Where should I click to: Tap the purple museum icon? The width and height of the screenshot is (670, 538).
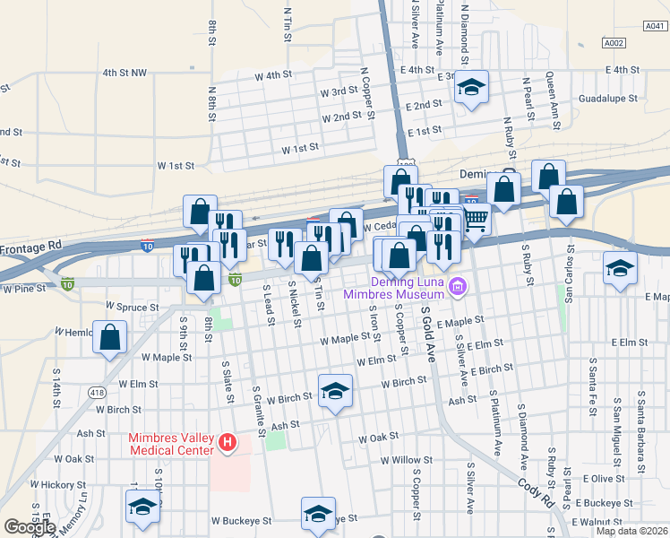click(459, 287)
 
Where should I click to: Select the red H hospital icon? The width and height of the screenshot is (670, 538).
click(228, 442)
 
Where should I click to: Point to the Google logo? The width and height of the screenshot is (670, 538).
click(30, 527)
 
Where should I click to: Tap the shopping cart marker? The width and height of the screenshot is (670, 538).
click(476, 218)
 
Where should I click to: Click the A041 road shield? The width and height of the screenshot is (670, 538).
click(656, 27)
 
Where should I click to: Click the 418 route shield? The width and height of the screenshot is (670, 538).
click(98, 393)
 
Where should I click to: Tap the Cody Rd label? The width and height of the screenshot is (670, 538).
click(537, 493)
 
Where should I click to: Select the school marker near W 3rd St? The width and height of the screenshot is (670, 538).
click(471, 87)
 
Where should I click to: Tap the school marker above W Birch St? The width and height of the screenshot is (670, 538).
click(335, 391)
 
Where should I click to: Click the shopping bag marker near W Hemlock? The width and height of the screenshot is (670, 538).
click(109, 338)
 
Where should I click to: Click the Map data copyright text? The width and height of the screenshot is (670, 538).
click(631, 531)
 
